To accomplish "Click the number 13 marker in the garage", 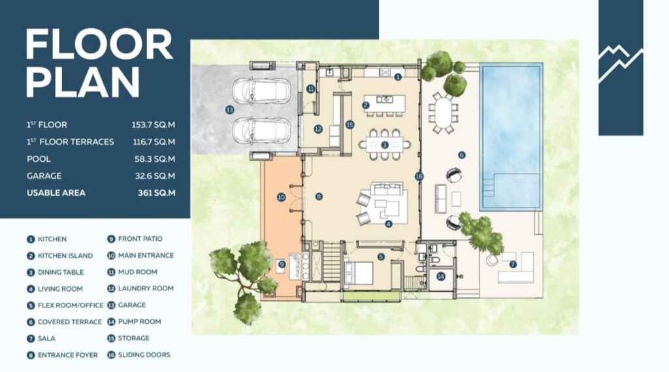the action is coord(229,110).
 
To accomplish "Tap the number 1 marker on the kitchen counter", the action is coord(398,77).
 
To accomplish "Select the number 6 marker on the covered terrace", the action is coord(462,155).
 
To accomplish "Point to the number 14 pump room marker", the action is coord(441,277).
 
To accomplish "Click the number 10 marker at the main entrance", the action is coord(281,197).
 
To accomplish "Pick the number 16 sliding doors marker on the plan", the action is coord(419,176).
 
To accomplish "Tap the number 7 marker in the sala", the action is coord(513,264).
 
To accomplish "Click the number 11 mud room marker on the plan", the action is coord(310,89).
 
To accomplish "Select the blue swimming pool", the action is coord(511,137).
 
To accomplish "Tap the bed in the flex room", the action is coord(359,273).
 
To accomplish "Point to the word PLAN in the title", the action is coord(83,82).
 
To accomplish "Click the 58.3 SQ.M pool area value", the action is coord(154,159).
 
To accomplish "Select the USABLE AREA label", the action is coord(56,193).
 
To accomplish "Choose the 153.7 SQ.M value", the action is coord(153,125).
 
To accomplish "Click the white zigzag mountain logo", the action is coord(621,63).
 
